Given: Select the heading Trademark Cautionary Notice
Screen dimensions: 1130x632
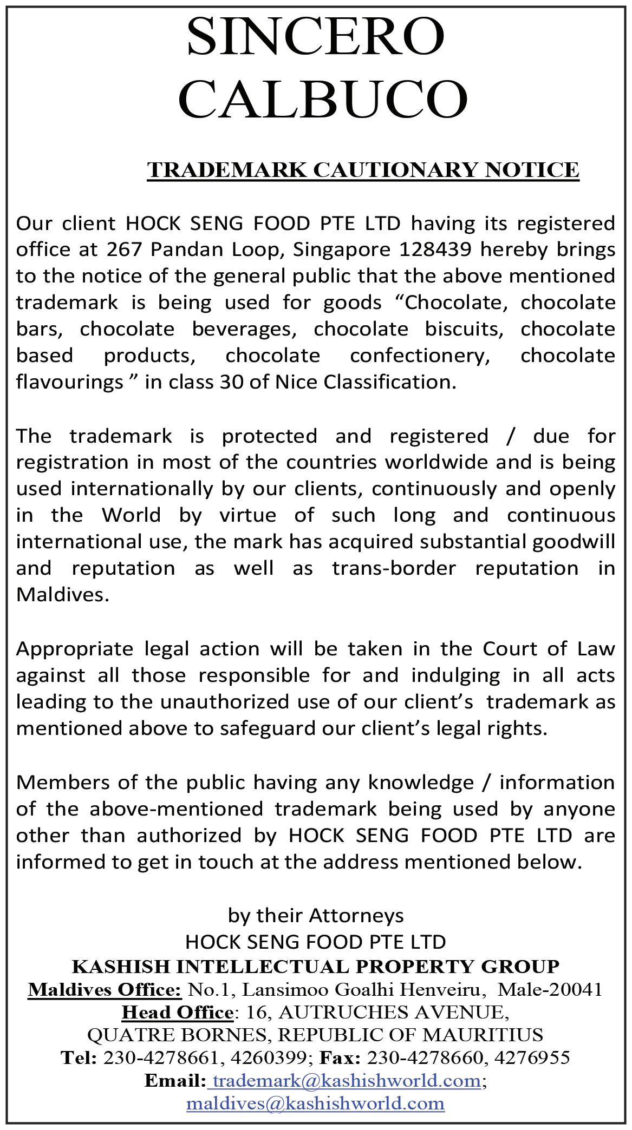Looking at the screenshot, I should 363,169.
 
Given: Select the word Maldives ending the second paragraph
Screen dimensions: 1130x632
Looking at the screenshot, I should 60,595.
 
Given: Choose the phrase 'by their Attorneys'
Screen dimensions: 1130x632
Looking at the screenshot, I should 316,915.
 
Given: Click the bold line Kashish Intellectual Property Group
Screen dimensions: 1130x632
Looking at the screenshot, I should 316,966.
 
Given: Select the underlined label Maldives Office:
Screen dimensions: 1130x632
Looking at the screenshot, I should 105,989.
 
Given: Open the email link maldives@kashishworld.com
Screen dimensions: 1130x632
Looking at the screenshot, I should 316,1103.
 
